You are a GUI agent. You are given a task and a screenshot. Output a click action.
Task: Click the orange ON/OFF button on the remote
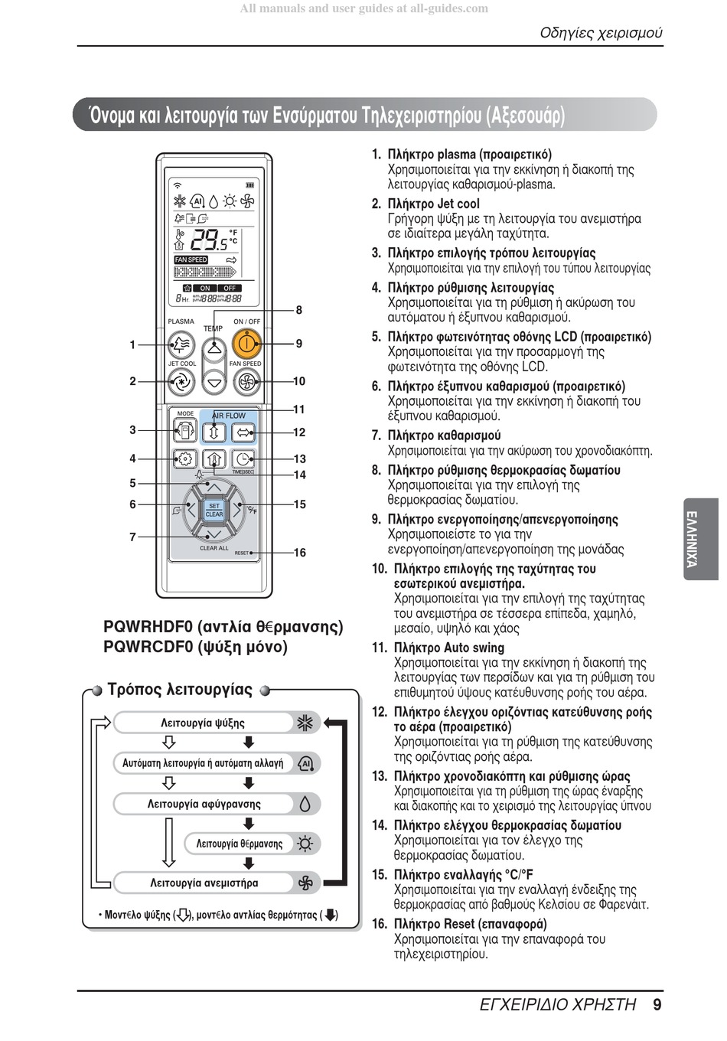(247, 343)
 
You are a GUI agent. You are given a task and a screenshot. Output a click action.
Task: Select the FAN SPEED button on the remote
(246, 380)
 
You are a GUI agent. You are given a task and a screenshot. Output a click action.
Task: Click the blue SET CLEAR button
(214, 510)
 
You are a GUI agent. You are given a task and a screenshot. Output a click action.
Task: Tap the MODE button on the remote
(185, 431)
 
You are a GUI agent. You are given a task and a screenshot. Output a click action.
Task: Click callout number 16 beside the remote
(299, 553)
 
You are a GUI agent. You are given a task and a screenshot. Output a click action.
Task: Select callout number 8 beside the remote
(299, 310)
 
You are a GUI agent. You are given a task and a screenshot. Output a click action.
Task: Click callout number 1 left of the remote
(132, 345)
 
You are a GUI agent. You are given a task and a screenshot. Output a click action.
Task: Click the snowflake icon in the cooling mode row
(306, 723)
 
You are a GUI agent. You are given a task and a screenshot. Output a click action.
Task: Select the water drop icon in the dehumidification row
(305, 804)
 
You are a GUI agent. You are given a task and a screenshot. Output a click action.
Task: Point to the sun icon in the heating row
(305, 844)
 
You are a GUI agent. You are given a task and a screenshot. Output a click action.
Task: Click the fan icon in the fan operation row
(305, 883)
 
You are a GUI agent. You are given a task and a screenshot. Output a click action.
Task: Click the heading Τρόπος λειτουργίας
(180, 690)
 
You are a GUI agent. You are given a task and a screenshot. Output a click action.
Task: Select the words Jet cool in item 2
(458, 204)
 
